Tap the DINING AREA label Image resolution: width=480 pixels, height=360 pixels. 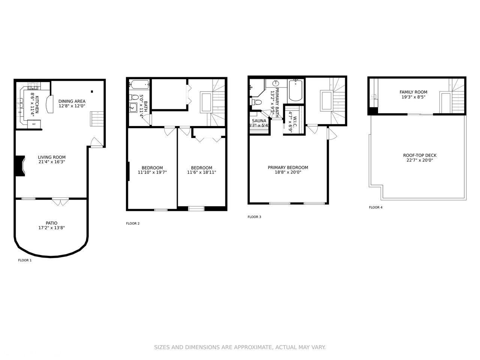(x=72, y=101)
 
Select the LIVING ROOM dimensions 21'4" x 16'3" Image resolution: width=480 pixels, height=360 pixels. (x=52, y=162)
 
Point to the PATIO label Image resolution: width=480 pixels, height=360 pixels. (x=52, y=223)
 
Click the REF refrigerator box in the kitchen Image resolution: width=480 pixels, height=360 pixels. (x=34, y=124)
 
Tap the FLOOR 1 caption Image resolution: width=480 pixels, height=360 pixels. (x=25, y=260)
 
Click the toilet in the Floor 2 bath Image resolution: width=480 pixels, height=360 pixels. (x=134, y=97)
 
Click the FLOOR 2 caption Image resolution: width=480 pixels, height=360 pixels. (x=133, y=223)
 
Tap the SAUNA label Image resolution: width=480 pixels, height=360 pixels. (x=259, y=121)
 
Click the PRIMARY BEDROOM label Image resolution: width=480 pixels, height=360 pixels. (x=288, y=168)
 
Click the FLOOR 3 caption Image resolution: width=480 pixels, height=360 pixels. (x=254, y=217)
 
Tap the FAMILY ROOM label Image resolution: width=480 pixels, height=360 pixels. (x=413, y=92)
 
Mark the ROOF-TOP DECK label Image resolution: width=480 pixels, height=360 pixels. (x=420, y=155)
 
